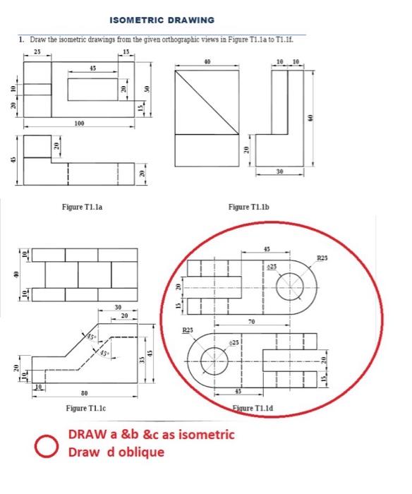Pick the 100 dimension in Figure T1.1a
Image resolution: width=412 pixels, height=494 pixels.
coord(80,123)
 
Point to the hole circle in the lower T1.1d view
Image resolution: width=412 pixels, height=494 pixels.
coord(213,361)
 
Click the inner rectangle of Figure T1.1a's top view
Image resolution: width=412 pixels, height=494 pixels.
coord(92,89)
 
